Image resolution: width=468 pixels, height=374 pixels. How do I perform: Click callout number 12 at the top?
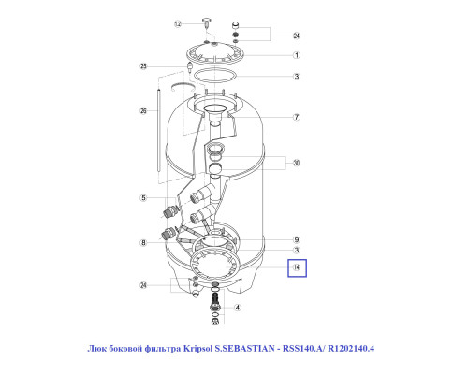(178, 23)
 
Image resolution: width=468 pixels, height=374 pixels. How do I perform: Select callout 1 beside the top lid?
(297, 55)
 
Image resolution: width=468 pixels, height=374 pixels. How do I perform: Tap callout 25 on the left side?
(143, 66)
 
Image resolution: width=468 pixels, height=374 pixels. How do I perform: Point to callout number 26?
(143, 110)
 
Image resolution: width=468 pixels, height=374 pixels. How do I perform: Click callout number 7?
(297, 117)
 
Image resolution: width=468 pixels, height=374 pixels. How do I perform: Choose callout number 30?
(297, 163)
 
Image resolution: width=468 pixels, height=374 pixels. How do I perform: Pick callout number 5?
(143, 198)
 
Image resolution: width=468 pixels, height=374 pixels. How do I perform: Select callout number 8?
(143, 242)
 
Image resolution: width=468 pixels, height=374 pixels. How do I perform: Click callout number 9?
(297, 239)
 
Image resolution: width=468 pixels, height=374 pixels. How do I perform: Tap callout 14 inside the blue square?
(297, 267)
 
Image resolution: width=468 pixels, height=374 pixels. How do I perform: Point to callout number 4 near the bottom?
(238, 308)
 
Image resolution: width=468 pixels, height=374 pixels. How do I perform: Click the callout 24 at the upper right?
(297, 36)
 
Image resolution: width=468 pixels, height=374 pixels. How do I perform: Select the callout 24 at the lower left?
(143, 285)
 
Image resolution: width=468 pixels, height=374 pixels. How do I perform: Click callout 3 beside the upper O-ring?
(297, 77)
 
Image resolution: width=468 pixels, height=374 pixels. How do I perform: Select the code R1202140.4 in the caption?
(351, 348)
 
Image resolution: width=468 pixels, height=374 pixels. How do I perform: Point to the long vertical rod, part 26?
(159, 130)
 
